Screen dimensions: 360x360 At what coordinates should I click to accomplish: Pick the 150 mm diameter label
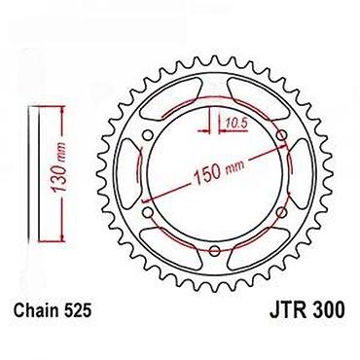(219, 171)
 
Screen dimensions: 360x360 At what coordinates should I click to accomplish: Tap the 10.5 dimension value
(236, 124)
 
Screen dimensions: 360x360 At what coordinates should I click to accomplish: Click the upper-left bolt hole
(148, 134)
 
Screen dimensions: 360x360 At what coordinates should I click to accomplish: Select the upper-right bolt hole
(282, 134)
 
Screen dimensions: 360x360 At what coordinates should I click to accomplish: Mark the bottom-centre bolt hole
(215, 250)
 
